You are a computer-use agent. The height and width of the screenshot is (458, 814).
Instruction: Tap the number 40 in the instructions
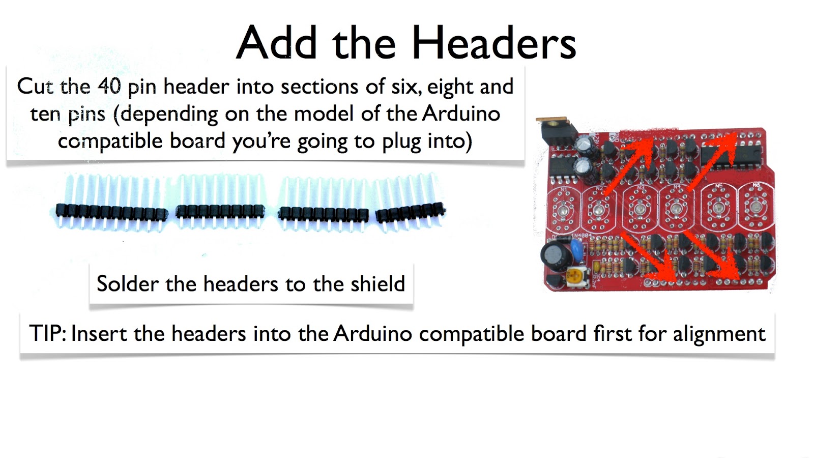(x=109, y=86)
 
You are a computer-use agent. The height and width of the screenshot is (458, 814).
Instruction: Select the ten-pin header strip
(x=111, y=210)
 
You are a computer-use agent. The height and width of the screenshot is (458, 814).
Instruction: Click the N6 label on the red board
(x=756, y=185)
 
